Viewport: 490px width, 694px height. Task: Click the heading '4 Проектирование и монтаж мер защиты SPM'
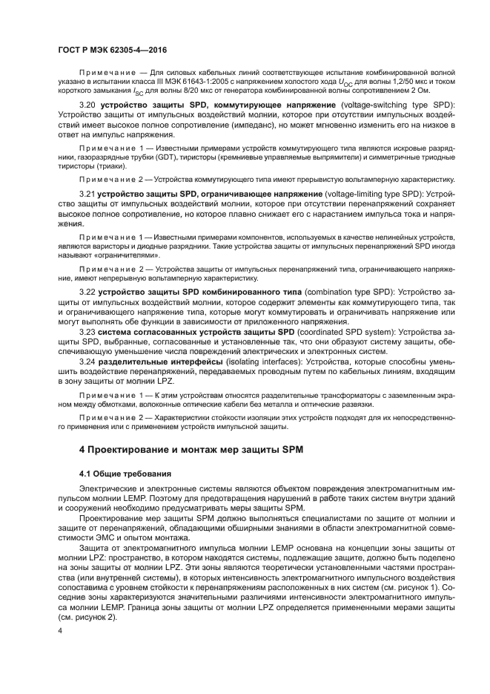click(x=192, y=450)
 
